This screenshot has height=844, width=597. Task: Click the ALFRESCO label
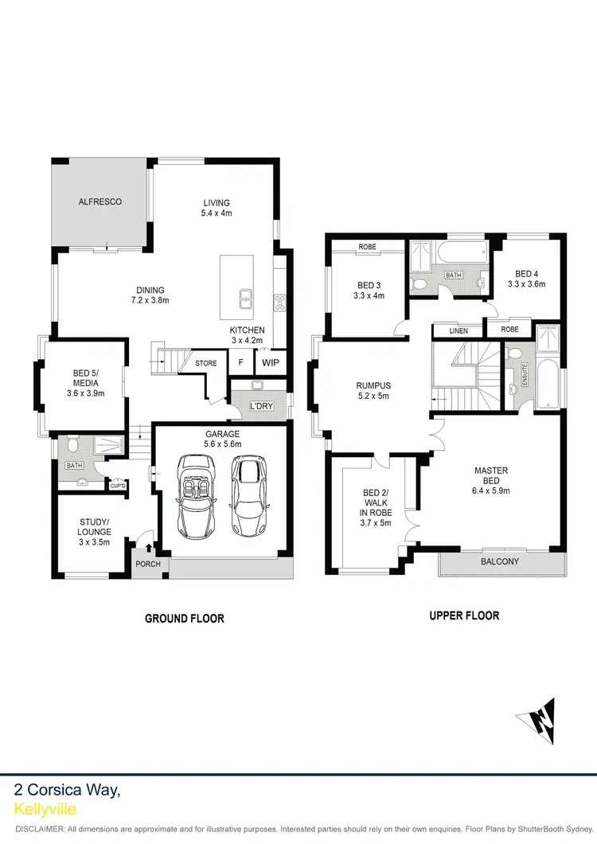(x=100, y=202)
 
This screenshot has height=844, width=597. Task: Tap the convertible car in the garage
(x=196, y=495)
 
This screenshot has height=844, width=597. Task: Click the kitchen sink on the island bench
(x=247, y=299)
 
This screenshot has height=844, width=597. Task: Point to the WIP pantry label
(x=271, y=362)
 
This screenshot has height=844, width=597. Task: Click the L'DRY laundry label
(x=261, y=406)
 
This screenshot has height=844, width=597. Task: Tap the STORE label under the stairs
(x=206, y=364)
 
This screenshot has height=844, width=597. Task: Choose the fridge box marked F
(x=240, y=362)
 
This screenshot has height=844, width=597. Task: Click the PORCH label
(x=149, y=565)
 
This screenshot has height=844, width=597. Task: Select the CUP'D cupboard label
(x=119, y=485)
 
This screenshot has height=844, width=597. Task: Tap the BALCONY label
(x=499, y=562)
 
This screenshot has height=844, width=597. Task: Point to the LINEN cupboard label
(x=458, y=331)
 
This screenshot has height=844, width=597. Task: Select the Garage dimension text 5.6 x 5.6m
(x=222, y=445)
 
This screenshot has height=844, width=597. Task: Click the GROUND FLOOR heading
(x=184, y=619)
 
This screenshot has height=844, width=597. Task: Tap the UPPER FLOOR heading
(x=464, y=615)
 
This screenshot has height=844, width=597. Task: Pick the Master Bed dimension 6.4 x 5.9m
(x=491, y=490)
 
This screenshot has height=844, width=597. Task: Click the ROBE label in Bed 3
(x=367, y=248)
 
